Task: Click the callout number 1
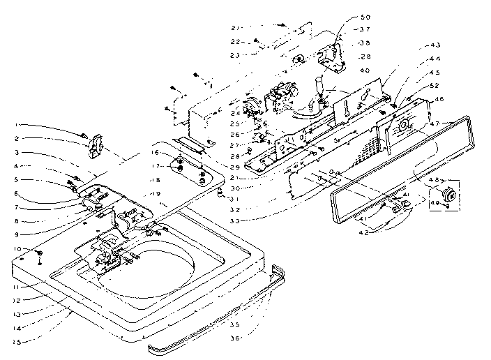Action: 15,125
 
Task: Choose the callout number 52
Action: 436,85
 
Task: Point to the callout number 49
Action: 436,203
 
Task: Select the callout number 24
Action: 235,111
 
